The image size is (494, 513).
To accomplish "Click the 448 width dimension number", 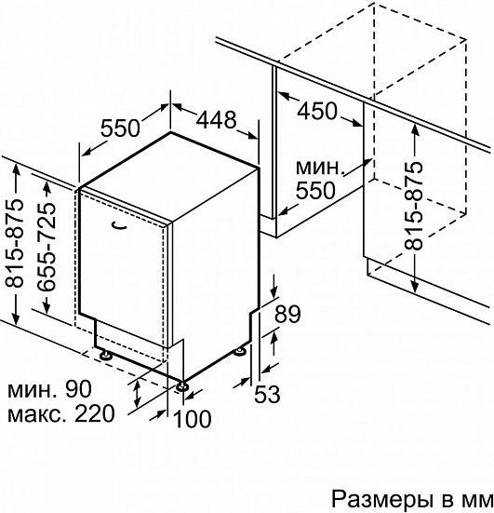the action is (216, 119).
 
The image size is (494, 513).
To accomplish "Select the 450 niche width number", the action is (316, 110).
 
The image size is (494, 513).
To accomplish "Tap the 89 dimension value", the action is (287, 314).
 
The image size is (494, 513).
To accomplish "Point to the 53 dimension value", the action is (267, 394).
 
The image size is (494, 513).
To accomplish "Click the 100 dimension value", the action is (193, 419).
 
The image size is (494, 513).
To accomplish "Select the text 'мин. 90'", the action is (49, 389).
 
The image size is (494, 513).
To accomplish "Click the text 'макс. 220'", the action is (61, 413).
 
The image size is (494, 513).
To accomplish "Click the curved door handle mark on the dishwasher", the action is (119, 225).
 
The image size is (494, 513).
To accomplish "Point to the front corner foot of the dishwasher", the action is (181, 386).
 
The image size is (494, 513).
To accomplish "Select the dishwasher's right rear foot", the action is (240, 351).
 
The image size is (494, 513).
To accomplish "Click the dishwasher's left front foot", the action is (105, 355).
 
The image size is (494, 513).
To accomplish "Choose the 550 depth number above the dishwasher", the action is (120, 128).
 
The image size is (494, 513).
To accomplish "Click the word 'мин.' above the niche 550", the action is (320, 168).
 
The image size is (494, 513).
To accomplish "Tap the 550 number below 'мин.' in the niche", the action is (315, 190).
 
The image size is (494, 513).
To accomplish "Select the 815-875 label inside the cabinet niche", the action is (414, 206).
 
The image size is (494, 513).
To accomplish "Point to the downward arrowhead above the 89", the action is (274, 291).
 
